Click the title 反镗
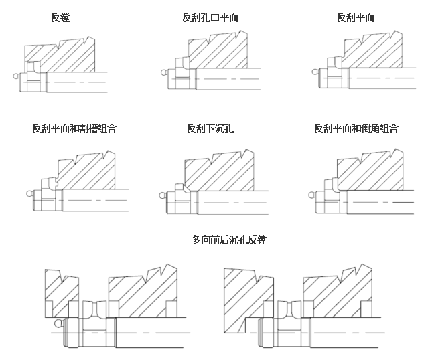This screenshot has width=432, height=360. pyautogui.click(x=60, y=17)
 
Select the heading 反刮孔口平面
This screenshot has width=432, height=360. pyautogui.click(x=210, y=17)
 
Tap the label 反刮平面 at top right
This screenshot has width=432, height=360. pyautogui.click(x=356, y=17)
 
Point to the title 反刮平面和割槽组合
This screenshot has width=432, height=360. pyautogui.click(x=74, y=128)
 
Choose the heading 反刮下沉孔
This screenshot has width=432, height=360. pyautogui.click(x=210, y=128)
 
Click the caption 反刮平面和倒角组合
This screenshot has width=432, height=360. pyautogui.click(x=356, y=128)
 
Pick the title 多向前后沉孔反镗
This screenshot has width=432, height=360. pyautogui.click(x=229, y=240)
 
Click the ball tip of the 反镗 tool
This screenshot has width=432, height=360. pyautogui.click(x=16, y=76)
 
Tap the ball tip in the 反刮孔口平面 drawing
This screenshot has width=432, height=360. pyautogui.click(x=164, y=73)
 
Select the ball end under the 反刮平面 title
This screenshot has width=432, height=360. pyautogui.click(x=315, y=72)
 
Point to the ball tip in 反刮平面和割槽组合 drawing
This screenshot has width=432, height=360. pyautogui.click(x=29, y=194)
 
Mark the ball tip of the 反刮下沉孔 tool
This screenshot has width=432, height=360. pyautogui.click(x=163, y=196)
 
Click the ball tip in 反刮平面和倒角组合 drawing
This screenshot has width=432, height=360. pyautogui.click(x=311, y=195)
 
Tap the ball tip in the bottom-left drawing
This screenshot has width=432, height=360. pyautogui.click(x=59, y=323)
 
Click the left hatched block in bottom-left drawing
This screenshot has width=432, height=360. pyautogui.click(x=62, y=293)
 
